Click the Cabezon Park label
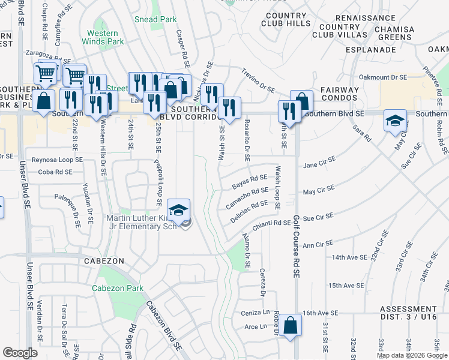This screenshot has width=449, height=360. [x=118, y=288]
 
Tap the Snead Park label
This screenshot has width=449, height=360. [x=155, y=19]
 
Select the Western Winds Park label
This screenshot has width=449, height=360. [x=105, y=37]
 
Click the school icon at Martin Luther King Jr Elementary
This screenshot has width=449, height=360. [x=179, y=210]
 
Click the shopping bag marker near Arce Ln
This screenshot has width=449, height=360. [x=290, y=326]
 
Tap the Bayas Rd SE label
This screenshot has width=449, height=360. [x=249, y=180]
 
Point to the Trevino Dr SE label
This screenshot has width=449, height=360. [x=258, y=80]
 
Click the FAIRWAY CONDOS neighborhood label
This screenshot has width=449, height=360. [x=337, y=94]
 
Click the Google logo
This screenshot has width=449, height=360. [x=20, y=352]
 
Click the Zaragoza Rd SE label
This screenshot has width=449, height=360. [x=47, y=53]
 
